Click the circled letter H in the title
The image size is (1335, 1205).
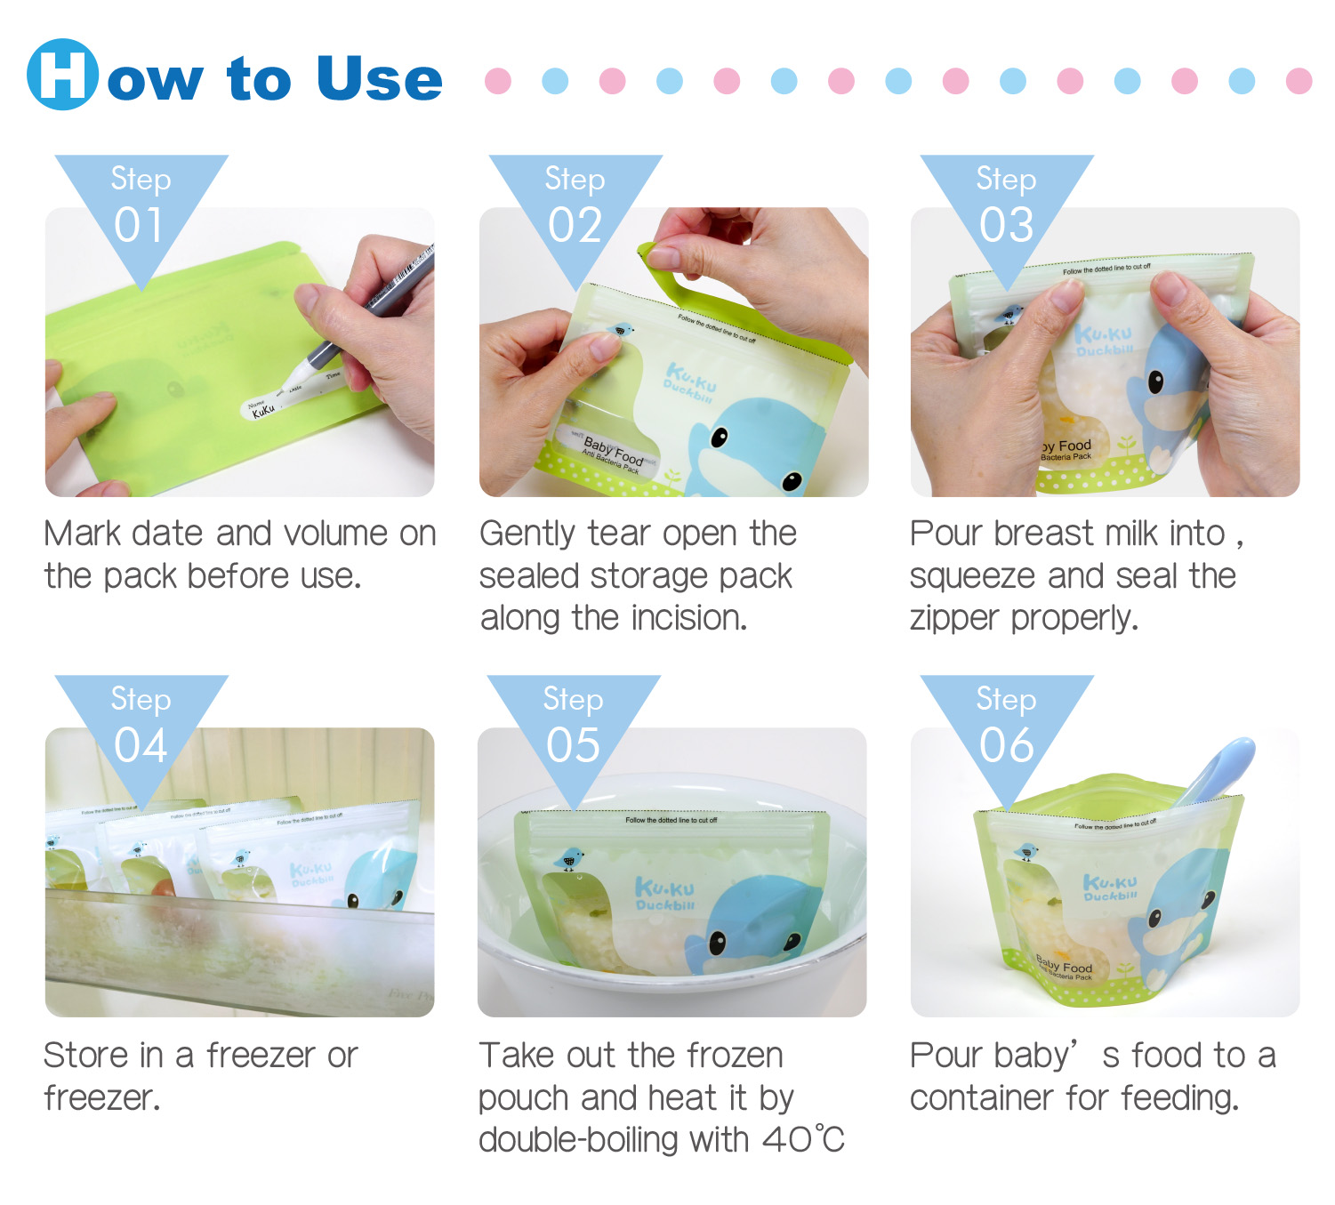coord(62,75)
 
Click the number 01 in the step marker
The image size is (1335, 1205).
coord(140,225)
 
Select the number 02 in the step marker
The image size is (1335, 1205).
coord(575,225)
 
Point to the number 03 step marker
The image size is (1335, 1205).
coord(1006,225)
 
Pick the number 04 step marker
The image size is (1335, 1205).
coord(141,745)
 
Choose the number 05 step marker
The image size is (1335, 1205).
coord(573,745)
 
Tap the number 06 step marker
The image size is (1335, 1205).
coord(1006,745)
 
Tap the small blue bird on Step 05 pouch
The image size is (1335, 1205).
coord(569,859)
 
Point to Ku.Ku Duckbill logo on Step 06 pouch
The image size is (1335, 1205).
coord(1111,888)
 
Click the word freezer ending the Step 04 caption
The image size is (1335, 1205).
coord(101,1098)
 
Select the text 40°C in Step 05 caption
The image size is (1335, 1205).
coord(803,1139)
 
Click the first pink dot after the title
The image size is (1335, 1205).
coord(498,81)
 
